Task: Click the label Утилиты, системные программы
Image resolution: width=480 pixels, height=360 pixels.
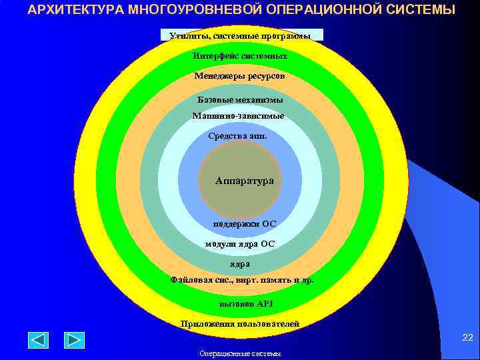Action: pos(241,35)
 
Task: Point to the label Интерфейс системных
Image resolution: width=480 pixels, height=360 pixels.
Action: pos(240,56)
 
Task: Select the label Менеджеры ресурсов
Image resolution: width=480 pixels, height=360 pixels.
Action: pos(240,76)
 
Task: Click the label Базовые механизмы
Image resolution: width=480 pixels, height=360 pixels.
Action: pos(240,99)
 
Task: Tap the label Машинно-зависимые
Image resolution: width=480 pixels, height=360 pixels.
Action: pos(238,116)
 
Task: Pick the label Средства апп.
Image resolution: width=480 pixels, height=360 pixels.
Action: pos(238,136)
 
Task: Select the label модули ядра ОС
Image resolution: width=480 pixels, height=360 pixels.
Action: pos(240,244)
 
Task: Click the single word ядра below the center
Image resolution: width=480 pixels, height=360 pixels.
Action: pos(240,264)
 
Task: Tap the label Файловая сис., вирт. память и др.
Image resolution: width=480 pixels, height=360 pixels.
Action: pos(241,280)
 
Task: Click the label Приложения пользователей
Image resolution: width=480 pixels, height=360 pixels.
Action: pos(240,324)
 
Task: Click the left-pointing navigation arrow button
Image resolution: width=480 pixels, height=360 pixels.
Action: pos(38,340)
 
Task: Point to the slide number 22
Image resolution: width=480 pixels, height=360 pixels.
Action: pos(467,339)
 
